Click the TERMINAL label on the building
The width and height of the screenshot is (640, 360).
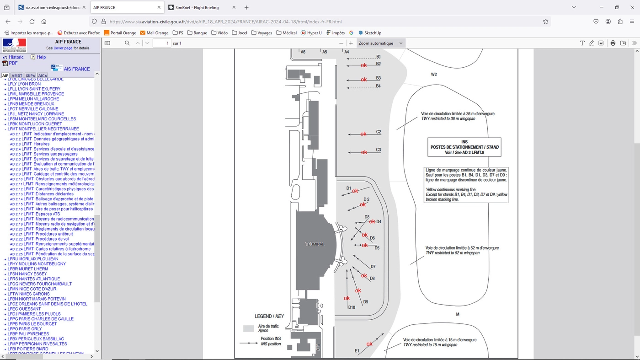pyautogui.click(x=315, y=244)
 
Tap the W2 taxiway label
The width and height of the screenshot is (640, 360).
pyautogui.click(x=434, y=75)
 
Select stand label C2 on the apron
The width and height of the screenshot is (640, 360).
pyautogui.click(x=379, y=132)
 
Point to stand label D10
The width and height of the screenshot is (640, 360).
pyautogui.click(x=352, y=307)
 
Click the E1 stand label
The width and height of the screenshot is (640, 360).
pyautogui.click(x=357, y=351)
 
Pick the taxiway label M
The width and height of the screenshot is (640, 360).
pyautogui.click(x=458, y=314)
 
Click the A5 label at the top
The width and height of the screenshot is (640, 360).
pyautogui.click(x=325, y=52)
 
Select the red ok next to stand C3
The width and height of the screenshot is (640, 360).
pyautogui.click(x=364, y=152)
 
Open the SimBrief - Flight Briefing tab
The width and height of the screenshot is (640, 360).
pyautogui.click(x=197, y=8)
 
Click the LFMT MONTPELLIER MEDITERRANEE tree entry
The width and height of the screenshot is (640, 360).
pyautogui.click(x=43, y=129)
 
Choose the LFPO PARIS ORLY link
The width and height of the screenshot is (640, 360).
pyautogui.click(x=25, y=329)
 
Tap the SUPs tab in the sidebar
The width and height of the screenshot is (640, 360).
pyautogui.click(x=30, y=75)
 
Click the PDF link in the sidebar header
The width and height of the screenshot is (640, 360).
pyautogui.click(x=13, y=64)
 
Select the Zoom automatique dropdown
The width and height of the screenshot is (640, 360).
pyautogui.click(x=380, y=43)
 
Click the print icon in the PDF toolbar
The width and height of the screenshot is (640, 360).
pyautogui.click(x=613, y=43)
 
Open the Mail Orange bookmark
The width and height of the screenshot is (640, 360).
pyautogui.click(x=155, y=33)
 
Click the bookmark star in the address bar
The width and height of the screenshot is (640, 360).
pyautogui.click(x=545, y=21)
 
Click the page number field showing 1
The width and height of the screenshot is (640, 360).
pyautogui.click(x=161, y=43)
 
